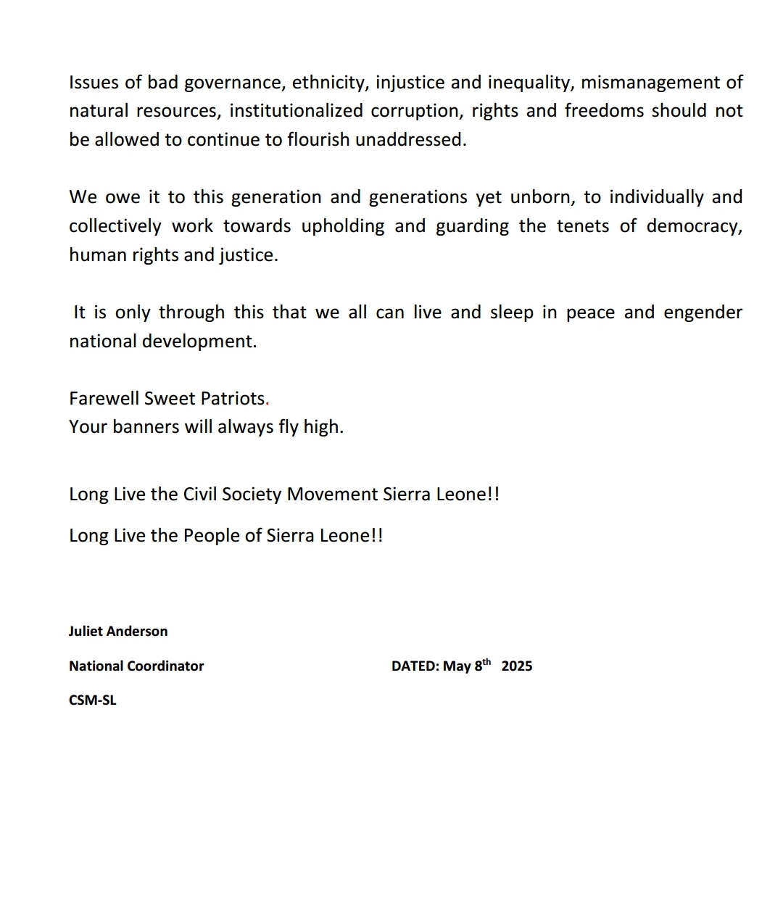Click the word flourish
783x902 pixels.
coord(318,139)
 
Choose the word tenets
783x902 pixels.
coord(584,226)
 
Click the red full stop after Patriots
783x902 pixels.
coord(268,400)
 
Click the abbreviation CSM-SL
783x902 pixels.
coord(93,701)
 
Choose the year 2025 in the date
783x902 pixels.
coord(517,666)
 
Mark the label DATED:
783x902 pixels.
coord(415,666)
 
